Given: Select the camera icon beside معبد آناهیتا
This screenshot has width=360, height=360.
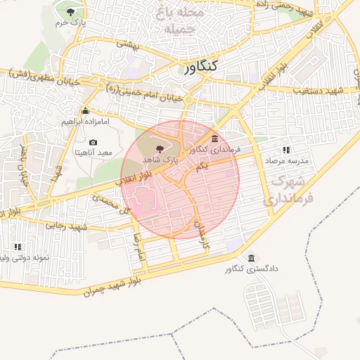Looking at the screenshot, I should pyautogui.click(x=93, y=143).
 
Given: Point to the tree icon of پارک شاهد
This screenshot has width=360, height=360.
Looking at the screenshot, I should pyautogui.click(x=160, y=148).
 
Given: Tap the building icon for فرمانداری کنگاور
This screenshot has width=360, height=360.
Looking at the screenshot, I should pyautogui.click(x=214, y=139).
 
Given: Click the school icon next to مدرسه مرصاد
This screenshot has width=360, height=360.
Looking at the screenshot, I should pyautogui.click(x=286, y=150).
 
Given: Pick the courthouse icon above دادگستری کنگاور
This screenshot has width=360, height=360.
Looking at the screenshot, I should pyautogui.click(x=252, y=257).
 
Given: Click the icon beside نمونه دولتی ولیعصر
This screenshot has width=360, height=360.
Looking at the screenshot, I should pyautogui.click(x=18, y=247).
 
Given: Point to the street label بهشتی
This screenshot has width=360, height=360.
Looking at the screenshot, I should pyautogui.click(x=129, y=44).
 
